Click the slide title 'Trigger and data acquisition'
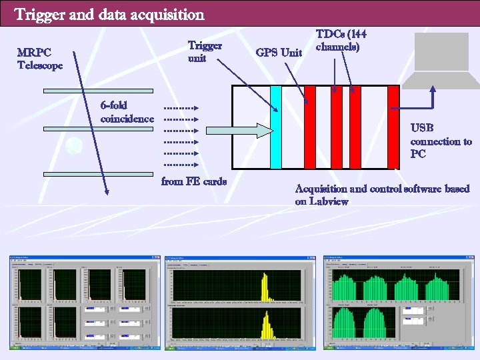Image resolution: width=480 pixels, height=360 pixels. [x=109, y=14]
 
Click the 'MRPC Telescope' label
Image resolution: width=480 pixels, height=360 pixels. [x=40, y=59]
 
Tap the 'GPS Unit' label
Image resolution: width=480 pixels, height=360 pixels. [x=279, y=52]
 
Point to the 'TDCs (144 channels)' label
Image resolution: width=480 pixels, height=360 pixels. [x=341, y=41]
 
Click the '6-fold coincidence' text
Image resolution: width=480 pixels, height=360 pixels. [x=127, y=112]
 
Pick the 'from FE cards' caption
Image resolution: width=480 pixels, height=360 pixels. [x=194, y=181]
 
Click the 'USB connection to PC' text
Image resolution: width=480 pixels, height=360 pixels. [x=441, y=141]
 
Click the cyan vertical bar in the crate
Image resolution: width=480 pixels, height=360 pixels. [x=276, y=127]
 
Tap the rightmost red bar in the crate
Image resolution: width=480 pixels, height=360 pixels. [x=393, y=127]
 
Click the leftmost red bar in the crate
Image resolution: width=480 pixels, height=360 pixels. [x=310, y=127]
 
